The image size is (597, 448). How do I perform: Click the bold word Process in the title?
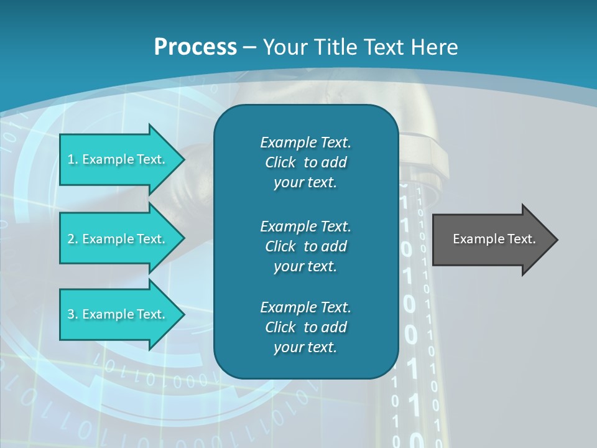(195, 47)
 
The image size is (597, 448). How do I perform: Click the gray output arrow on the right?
(491, 240)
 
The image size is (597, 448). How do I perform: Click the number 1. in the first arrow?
(73, 159)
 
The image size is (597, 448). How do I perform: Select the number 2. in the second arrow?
(73, 239)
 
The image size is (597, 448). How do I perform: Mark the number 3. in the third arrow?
(73, 314)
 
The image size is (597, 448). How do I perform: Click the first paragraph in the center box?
(305, 162)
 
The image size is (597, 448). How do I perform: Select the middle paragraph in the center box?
(305, 246)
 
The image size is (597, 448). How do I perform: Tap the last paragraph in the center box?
(305, 327)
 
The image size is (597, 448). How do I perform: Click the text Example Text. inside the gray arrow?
(494, 239)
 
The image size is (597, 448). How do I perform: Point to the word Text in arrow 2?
(150, 239)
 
